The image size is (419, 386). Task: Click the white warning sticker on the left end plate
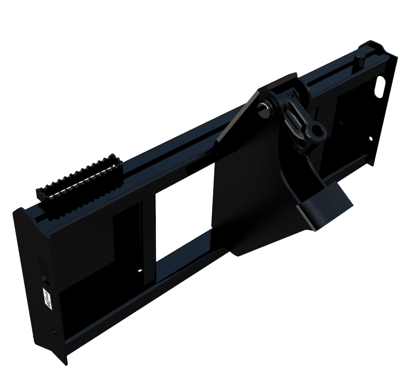tap(47, 299)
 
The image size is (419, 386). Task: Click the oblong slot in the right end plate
tap(379, 87)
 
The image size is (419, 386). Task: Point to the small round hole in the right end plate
tap(370, 139)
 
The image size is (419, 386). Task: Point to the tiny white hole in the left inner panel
tap(140, 270)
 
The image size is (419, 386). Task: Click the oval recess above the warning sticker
tap(43, 269)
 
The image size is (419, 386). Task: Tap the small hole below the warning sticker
tap(54, 332)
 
